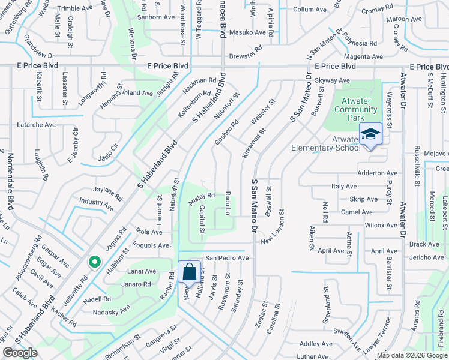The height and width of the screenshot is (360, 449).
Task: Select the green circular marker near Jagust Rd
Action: [x=94, y=262]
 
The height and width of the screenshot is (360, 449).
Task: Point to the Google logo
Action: [x=20, y=353]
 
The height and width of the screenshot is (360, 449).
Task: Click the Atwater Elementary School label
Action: [x=325, y=143]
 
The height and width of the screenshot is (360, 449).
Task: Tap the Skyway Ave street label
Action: [x=331, y=80]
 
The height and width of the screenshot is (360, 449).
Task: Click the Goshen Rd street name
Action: [x=227, y=132]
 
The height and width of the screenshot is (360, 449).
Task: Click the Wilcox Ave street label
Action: [x=381, y=226]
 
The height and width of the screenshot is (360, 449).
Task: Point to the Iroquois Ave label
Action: [x=152, y=245]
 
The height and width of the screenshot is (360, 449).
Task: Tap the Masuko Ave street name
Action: [x=247, y=32]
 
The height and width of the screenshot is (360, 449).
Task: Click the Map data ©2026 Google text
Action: [x=411, y=355]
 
